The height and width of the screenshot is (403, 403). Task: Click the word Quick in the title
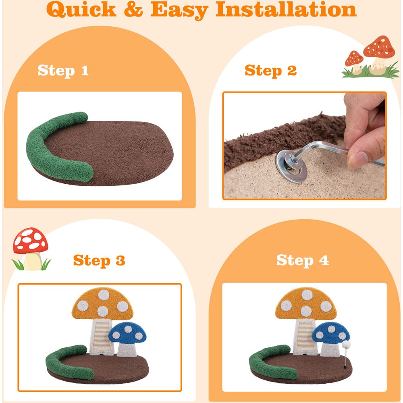pyautogui.click(x=81, y=10)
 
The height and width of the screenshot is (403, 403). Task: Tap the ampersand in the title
pyautogui.click(x=133, y=9)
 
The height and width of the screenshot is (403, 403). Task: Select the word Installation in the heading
pyautogui.click(x=286, y=9)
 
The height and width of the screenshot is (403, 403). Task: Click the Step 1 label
pyautogui.click(x=63, y=71)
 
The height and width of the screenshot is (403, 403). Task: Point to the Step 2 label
pyautogui.click(x=271, y=71)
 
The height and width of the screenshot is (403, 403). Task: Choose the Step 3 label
pyautogui.click(x=99, y=261)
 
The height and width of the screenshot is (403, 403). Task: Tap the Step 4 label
pyautogui.click(x=303, y=260)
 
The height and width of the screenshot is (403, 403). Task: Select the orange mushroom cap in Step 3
pyautogui.click(x=102, y=303)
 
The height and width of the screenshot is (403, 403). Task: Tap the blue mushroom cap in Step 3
pyautogui.click(x=127, y=334)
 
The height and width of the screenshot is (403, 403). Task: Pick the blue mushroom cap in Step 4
pyautogui.click(x=331, y=333)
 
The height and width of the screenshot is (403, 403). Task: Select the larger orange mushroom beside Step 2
pyautogui.click(x=379, y=55)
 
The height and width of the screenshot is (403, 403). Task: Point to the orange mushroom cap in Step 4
pyautogui.click(x=306, y=303)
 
